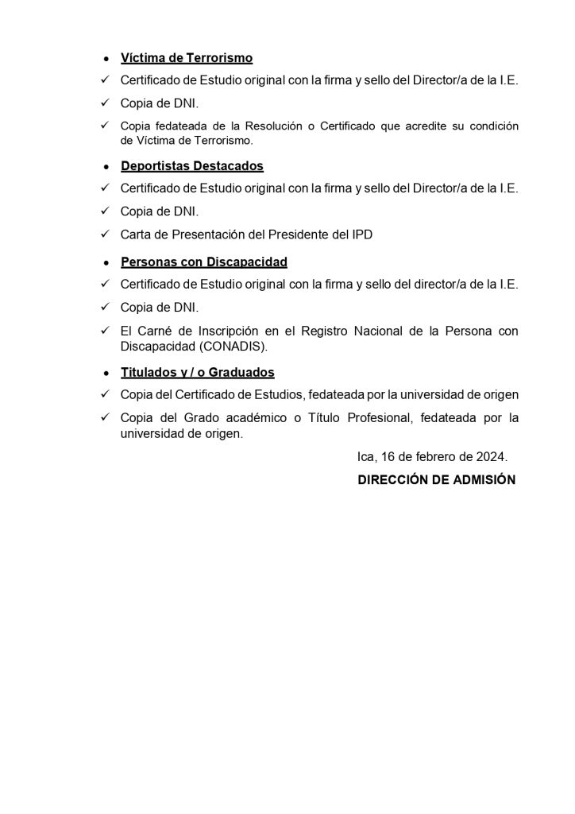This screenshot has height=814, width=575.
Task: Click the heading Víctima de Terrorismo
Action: point(187,58)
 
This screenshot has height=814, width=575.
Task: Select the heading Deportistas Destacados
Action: point(192,166)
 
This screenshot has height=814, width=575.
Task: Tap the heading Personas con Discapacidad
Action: point(204,262)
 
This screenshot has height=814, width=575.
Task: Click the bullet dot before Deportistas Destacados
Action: point(106,168)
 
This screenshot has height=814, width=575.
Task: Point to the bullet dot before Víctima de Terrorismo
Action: point(106,60)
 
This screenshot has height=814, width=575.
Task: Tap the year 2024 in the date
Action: point(490,457)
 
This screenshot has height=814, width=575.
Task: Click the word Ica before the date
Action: point(367,457)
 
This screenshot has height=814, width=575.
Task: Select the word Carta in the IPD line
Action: point(136,235)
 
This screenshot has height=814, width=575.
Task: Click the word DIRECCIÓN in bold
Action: point(395,480)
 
